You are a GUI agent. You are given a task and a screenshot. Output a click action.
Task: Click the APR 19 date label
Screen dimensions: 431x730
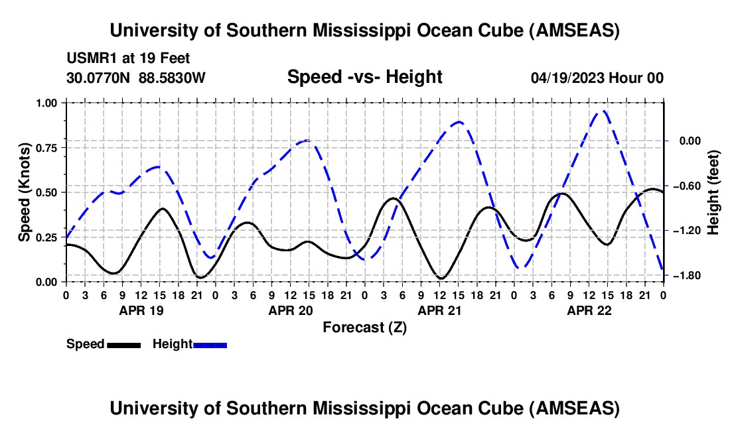[x=141, y=310]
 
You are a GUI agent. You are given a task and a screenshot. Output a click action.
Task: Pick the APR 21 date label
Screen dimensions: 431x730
[x=439, y=310]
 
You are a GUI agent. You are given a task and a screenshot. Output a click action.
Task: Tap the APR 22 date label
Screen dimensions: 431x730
[x=589, y=310]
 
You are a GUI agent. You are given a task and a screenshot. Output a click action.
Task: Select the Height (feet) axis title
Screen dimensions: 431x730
[x=714, y=192]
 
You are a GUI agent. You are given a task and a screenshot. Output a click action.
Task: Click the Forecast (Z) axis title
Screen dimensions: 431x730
[x=364, y=327]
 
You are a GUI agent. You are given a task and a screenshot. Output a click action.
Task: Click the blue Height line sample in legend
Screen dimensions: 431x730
[x=210, y=345]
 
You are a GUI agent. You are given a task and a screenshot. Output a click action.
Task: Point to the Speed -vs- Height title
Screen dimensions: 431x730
[x=364, y=77]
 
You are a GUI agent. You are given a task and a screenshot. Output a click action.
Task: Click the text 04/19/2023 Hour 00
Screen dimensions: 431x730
[x=597, y=78]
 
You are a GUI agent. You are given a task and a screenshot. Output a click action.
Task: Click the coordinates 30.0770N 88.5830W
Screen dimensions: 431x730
[x=136, y=78]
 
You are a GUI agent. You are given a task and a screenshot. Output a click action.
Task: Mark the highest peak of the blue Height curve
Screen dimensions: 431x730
[x=604, y=111]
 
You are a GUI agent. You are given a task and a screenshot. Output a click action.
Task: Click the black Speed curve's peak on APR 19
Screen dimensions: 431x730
[x=163, y=208]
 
